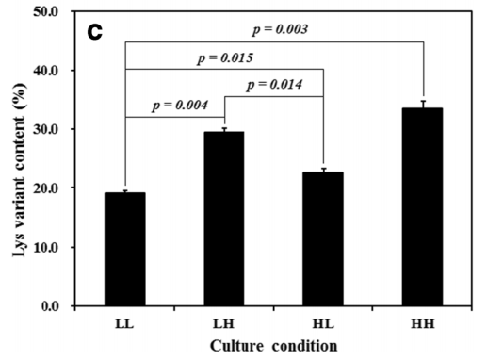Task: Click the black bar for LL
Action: (x=125, y=249)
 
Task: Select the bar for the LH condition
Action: (x=224, y=219)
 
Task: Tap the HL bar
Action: (x=323, y=238)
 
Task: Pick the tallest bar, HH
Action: (x=423, y=206)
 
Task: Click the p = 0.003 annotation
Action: (x=280, y=30)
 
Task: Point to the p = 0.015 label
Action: (x=225, y=58)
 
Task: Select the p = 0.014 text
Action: (x=274, y=85)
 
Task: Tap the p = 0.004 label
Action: (x=180, y=106)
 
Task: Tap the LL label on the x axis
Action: (x=124, y=323)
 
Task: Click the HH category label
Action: (x=423, y=323)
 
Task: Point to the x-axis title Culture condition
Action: (x=273, y=346)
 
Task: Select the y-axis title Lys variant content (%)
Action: (x=19, y=170)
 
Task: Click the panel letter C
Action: (x=95, y=32)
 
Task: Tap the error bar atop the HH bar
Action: (x=423, y=105)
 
